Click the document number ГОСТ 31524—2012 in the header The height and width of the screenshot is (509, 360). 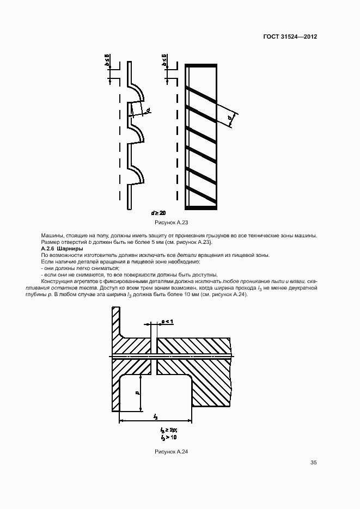290,36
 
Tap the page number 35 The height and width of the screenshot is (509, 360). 314,463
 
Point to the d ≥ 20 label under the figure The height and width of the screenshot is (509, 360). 158,212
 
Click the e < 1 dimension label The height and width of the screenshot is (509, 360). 167,322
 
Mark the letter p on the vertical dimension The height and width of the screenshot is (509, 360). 137,392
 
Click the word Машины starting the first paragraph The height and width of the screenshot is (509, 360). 52,236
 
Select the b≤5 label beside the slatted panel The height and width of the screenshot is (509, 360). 164,62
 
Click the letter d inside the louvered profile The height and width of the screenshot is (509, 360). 148,111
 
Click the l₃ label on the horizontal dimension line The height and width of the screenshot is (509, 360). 156,416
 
